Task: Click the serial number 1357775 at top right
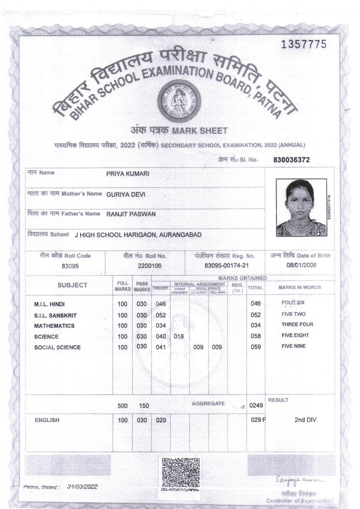304,45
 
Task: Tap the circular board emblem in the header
177,100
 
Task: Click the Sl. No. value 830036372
292,160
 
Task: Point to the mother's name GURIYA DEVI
126,194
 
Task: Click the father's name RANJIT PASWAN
131,214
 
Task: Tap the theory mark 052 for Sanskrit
160,315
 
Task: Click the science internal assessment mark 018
179,336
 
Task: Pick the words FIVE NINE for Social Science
294,346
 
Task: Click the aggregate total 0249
253,406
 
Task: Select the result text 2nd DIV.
305,420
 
